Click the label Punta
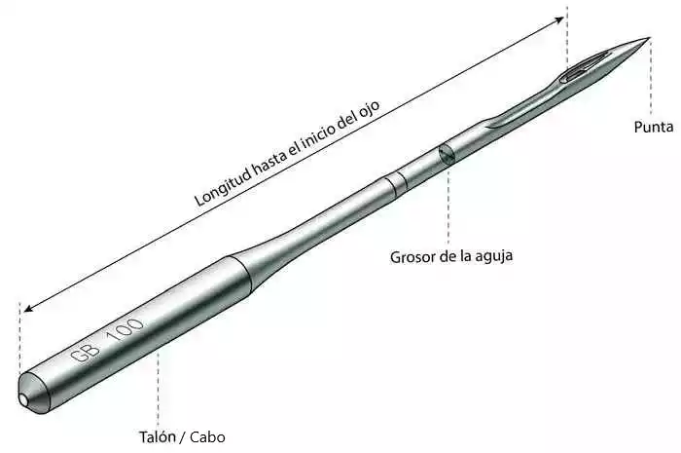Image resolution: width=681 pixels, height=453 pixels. click(x=654, y=127)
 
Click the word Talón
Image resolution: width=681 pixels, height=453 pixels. click(x=157, y=436)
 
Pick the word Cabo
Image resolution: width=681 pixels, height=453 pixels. click(x=207, y=436)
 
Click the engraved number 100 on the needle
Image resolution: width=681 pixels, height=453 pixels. click(x=125, y=330)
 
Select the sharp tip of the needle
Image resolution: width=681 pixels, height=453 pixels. click(x=649, y=38)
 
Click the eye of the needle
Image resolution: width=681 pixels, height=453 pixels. click(x=584, y=66)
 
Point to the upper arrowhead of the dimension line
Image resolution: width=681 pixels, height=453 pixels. click(x=559, y=19)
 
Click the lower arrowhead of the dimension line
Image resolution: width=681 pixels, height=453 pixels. click(x=28, y=308)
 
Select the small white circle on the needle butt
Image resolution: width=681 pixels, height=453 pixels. click(x=23, y=399)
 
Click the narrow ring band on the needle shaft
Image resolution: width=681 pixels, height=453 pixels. click(x=397, y=183)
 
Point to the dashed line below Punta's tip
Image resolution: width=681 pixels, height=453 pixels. click(x=650, y=77)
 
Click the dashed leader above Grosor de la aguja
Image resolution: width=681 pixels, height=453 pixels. click(x=448, y=205)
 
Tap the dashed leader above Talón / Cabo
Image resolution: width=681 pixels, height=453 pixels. click(x=158, y=389)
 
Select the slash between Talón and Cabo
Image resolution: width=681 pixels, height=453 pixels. click(x=182, y=436)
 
